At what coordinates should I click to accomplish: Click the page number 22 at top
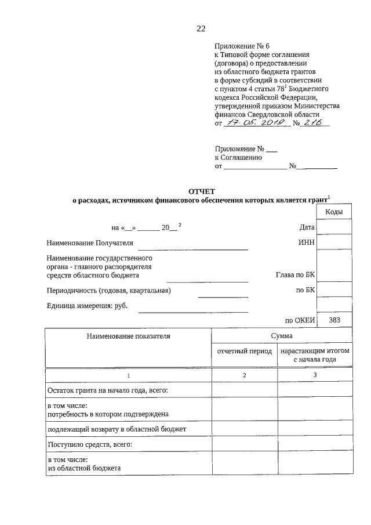[201, 28]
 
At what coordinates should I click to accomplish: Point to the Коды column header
[334, 212]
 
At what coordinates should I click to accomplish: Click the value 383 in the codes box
[334, 320]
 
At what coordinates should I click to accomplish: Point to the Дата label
[307, 227]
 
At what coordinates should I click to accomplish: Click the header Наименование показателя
[129, 336]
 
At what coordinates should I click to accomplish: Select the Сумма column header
[282, 336]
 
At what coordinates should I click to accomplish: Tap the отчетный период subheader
[244, 352]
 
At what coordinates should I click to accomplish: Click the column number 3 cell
[315, 376]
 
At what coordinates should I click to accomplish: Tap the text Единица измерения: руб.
[87, 306]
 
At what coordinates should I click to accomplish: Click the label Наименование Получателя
[90, 243]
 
